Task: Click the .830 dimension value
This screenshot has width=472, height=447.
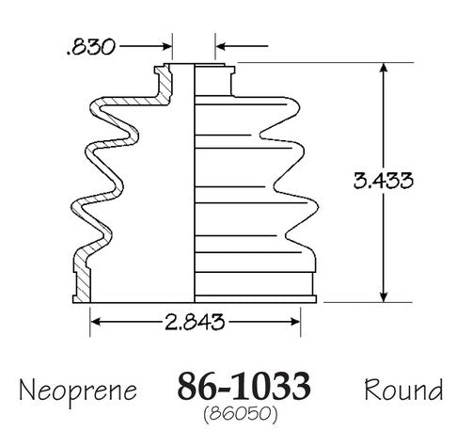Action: (91, 47)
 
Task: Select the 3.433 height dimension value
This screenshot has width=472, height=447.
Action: (384, 181)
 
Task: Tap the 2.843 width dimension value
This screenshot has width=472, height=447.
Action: (195, 322)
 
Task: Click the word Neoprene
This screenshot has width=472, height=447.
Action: (78, 391)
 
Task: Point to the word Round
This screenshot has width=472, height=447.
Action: (403, 389)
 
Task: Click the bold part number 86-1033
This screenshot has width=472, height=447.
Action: (244, 385)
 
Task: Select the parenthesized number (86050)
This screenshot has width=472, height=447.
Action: (241, 414)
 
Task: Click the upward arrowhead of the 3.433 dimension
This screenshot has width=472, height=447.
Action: (384, 68)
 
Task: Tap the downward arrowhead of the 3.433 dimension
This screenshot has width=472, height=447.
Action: (384, 297)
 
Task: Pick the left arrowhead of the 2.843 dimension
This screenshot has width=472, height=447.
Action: (96, 322)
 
